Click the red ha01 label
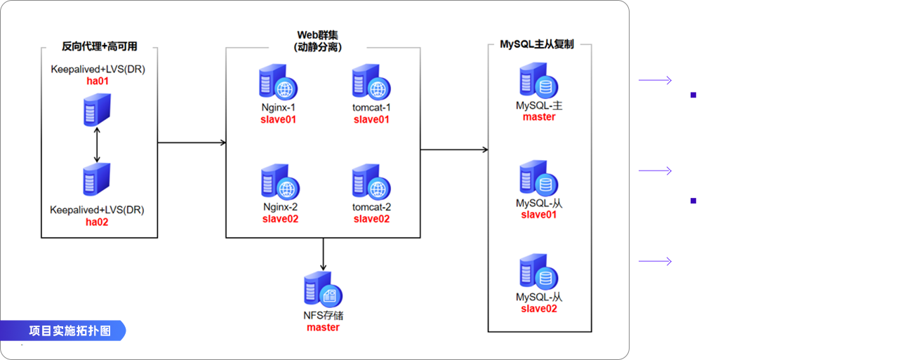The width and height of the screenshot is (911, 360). pos(98,81)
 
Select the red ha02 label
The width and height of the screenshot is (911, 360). pos(98,222)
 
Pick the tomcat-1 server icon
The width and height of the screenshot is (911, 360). pos(371,84)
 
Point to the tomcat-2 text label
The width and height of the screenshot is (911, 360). pos(371,207)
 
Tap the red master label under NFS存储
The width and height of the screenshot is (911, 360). pos(323,327)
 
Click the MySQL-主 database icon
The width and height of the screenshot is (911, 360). pos(538,82)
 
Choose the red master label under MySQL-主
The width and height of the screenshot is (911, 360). pos(538,116)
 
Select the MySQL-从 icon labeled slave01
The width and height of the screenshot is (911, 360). pos(538,179)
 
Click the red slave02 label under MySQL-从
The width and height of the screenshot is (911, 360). pos(538,309)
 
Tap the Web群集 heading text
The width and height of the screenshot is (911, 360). pos(323,35)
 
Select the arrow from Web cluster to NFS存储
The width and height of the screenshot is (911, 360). pos(323,254)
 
